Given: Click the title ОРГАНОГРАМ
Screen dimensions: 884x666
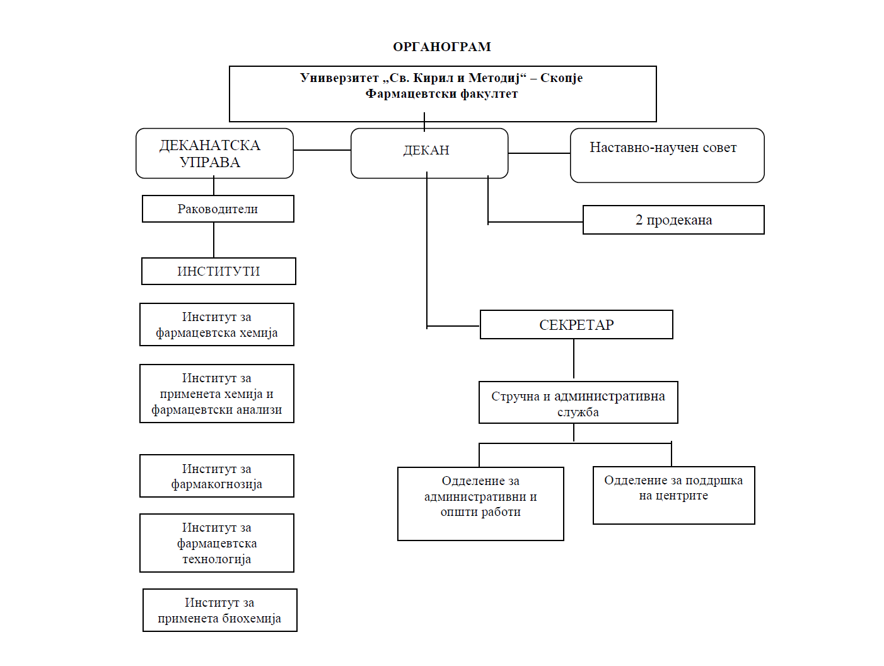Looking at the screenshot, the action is coord(441,47).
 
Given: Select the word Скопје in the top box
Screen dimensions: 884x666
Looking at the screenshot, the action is coord(561,78).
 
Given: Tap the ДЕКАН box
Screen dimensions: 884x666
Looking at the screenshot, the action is coord(429,153).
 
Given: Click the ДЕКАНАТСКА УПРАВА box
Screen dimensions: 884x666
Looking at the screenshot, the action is coord(214,153).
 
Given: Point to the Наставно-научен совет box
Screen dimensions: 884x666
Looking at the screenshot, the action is coord(667,155).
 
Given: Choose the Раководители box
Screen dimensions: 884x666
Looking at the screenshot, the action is coord(218,209).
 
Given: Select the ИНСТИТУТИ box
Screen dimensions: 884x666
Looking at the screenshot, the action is coord(219,271).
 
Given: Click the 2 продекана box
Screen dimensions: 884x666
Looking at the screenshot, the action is coord(673,220).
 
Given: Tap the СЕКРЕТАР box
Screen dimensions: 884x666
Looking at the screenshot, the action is coord(576,325).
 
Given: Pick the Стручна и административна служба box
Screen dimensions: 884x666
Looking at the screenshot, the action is coord(578,402).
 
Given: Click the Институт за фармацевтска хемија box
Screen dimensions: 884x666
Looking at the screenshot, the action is coord(217,325).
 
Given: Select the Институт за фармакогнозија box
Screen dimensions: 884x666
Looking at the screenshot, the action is coord(217,476).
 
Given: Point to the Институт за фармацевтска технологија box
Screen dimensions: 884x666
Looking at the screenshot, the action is coord(217,543).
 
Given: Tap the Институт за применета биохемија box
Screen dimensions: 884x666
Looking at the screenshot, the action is coord(220,610).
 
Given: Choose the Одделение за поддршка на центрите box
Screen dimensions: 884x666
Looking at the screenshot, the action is coord(674,495).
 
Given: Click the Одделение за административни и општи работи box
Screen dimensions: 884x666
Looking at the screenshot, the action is coord(480,504).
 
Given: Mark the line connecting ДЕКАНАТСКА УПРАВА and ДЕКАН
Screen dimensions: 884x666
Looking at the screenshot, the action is coord(322,150).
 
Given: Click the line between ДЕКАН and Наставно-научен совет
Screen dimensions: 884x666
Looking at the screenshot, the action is coord(539,153).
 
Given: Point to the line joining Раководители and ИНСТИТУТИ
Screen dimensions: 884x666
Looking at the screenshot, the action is coord(214,240).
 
